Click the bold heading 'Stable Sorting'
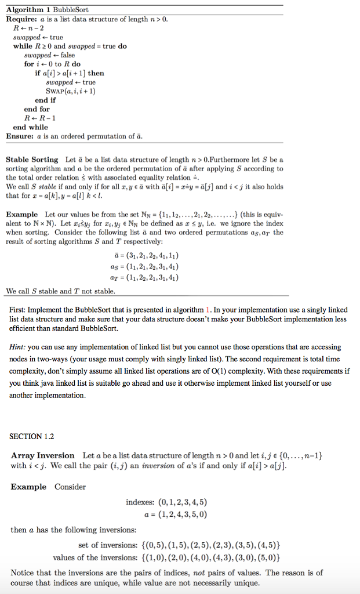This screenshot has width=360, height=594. pos(32,160)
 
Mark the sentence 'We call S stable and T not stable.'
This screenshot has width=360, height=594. pos(60,291)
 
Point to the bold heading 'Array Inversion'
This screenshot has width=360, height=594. pos(43,455)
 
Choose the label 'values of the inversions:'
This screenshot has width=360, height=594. pos(93,557)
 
